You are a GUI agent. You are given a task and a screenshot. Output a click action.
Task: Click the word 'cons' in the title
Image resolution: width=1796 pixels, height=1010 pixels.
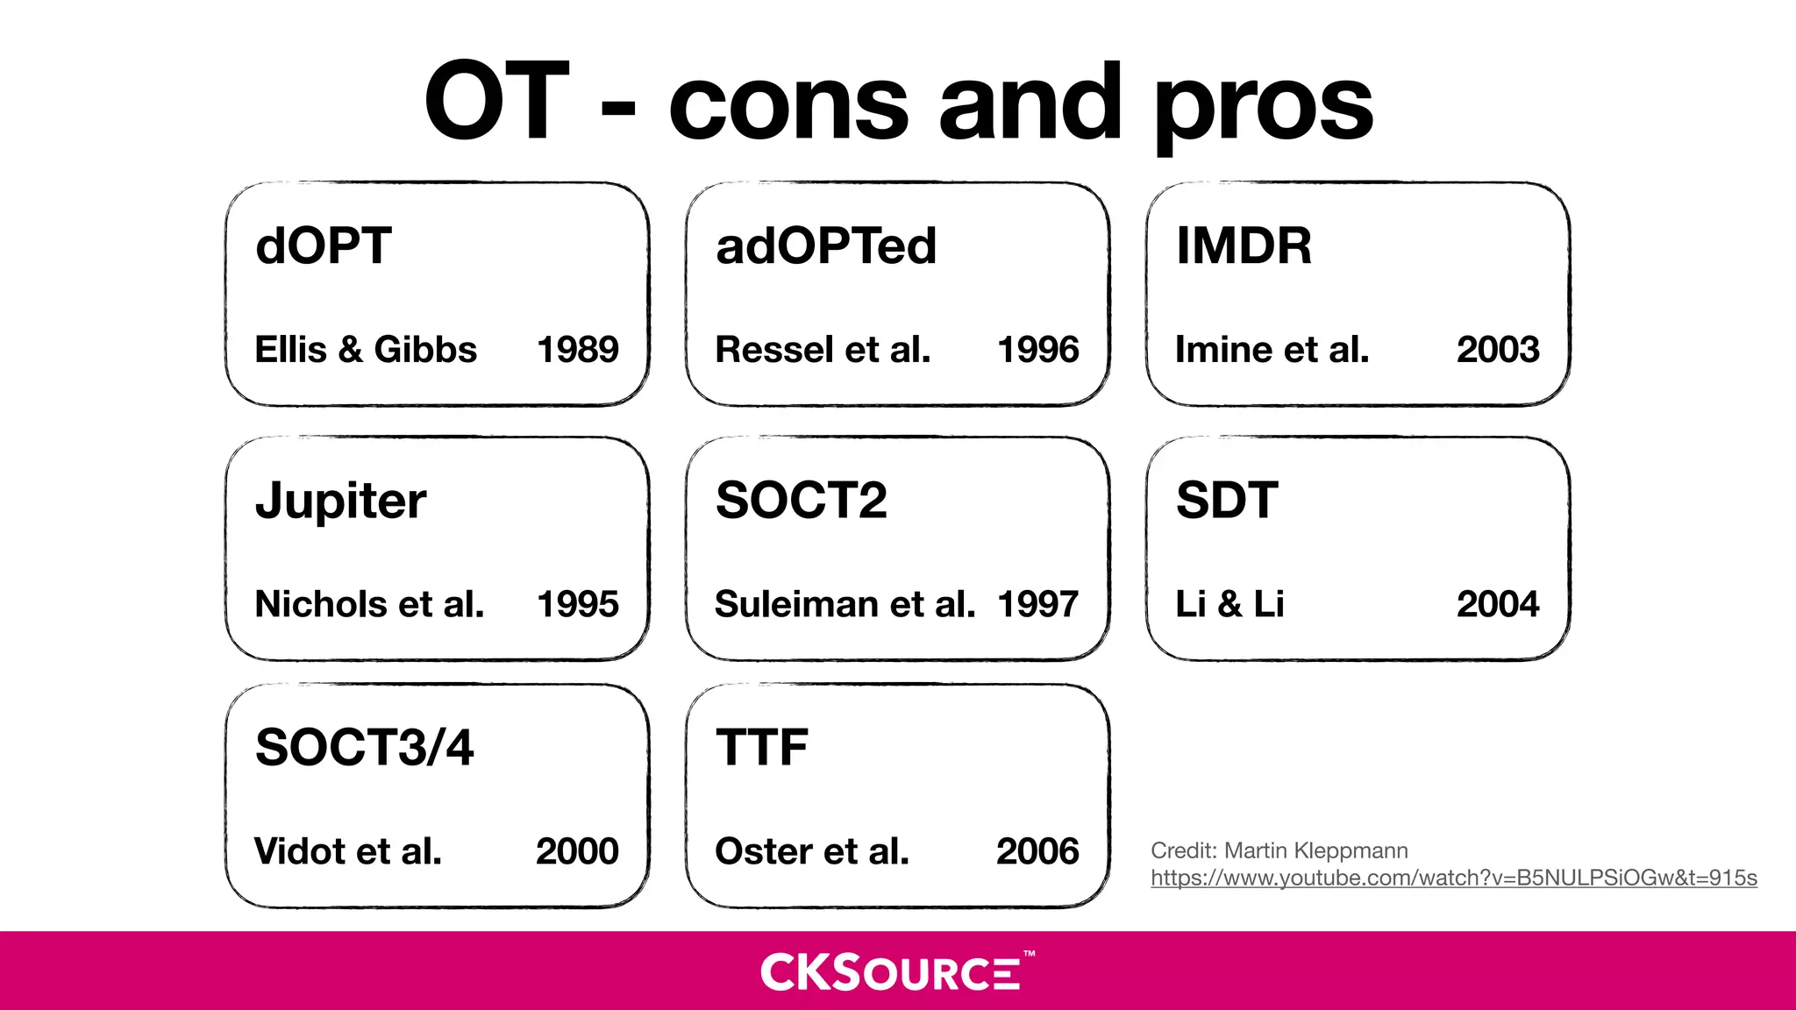[788, 105]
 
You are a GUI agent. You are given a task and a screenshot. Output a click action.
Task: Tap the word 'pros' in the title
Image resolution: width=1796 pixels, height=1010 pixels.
[1263, 110]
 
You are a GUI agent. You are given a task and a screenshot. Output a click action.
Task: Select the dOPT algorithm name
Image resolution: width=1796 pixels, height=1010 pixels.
[323, 245]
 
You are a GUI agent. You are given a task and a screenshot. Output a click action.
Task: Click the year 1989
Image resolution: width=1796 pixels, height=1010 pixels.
[577, 350]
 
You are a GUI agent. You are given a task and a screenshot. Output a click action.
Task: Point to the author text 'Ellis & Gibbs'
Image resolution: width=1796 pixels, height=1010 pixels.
[366, 350]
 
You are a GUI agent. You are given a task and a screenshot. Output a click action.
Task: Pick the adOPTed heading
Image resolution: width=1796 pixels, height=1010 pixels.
[826, 245]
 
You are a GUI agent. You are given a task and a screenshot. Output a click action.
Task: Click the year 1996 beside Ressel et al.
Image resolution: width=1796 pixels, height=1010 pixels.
[1037, 350]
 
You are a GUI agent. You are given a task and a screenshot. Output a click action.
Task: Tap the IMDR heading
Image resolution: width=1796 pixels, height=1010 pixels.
[1244, 245]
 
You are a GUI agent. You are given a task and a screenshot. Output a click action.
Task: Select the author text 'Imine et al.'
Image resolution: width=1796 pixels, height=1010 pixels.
[1272, 350]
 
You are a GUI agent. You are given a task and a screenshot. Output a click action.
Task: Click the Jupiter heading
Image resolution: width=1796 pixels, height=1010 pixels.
[340, 501]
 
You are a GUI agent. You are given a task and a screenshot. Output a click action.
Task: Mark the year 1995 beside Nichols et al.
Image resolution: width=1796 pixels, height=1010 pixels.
[577, 604]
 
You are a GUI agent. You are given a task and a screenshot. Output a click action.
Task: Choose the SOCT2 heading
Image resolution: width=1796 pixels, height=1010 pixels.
[801, 501]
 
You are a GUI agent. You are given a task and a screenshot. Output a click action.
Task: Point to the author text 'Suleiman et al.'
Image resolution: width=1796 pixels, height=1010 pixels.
[845, 604]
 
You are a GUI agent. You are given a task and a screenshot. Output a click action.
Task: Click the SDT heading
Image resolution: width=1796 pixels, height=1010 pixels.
[1227, 501]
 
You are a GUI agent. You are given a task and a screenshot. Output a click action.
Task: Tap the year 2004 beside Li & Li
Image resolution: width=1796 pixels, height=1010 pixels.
[1497, 604]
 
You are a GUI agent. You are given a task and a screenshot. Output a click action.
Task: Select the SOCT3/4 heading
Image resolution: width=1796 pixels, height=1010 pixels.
[364, 748]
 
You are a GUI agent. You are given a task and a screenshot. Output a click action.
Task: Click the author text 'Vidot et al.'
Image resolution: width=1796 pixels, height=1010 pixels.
[348, 851]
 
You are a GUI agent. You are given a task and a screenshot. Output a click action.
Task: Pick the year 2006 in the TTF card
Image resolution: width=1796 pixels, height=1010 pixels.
[1037, 851]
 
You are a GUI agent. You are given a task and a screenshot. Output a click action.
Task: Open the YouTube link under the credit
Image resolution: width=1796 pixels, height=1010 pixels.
[1453, 878]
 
